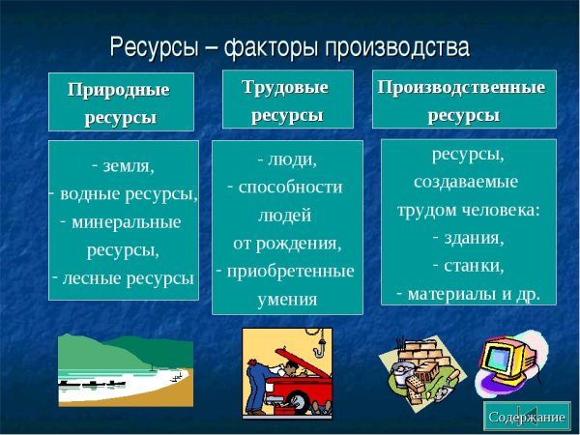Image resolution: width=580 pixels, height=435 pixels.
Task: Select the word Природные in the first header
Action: [x=119, y=90]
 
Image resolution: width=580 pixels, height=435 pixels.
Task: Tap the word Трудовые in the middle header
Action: [x=285, y=87]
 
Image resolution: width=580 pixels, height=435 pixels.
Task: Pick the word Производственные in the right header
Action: [x=461, y=87]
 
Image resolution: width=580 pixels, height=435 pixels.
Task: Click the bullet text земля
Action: [x=128, y=164]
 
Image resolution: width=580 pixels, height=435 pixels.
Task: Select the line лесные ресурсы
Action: [x=128, y=278]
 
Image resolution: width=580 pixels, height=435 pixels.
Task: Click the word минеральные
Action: [x=127, y=221]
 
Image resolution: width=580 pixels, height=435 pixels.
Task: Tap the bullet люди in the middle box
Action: [x=293, y=158]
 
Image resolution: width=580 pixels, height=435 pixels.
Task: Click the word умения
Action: [x=287, y=299]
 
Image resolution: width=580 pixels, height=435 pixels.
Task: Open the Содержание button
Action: [x=526, y=417]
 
